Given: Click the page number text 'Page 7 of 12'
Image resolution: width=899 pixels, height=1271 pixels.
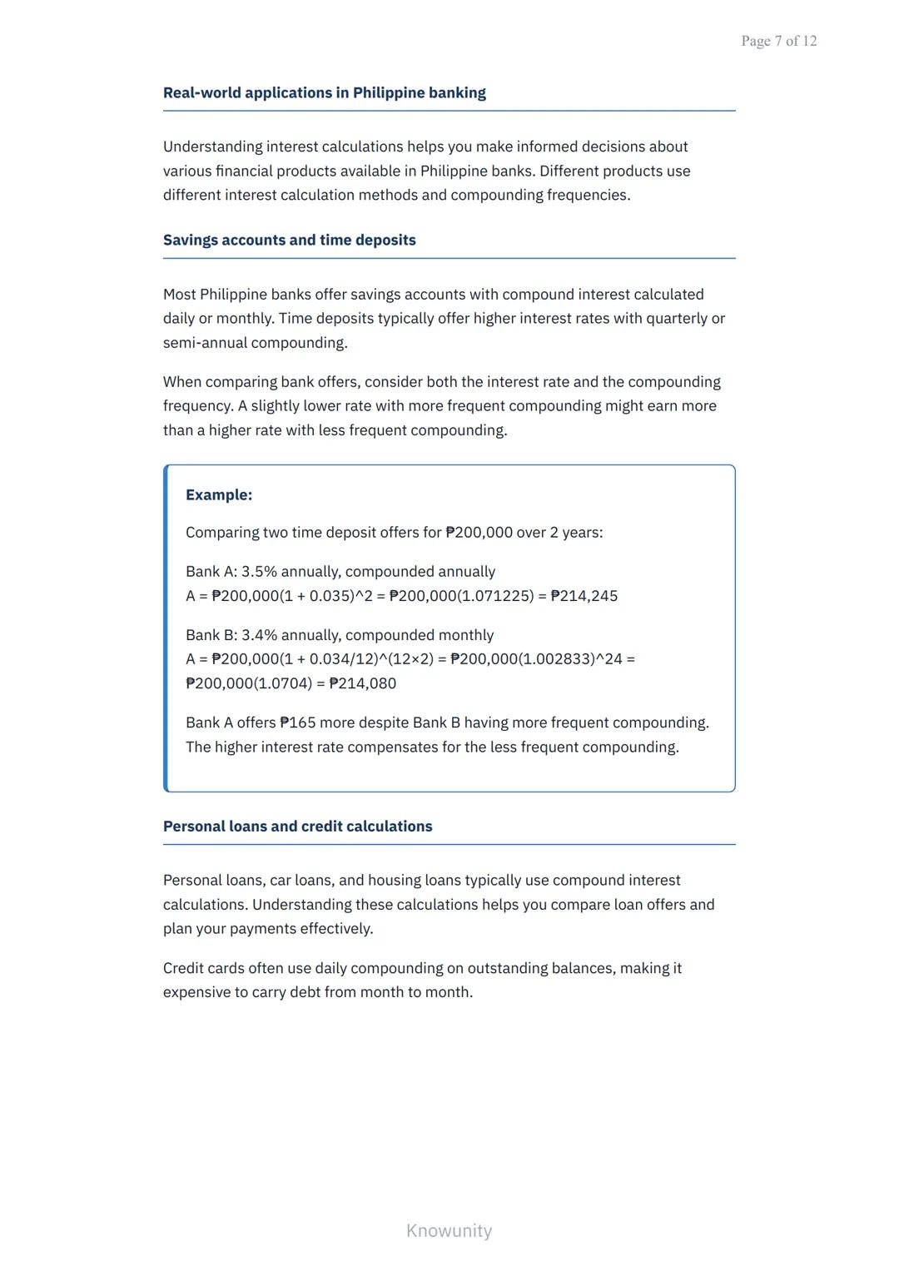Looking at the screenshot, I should pyautogui.click(x=778, y=41).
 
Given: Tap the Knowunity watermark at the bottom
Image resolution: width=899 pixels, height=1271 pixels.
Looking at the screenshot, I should pyautogui.click(x=449, y=1230).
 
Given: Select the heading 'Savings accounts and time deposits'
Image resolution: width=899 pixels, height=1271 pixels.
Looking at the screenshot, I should pyautogui.click(x=289, y=240).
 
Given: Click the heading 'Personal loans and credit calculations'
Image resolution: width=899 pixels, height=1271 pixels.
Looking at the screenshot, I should pyautogui.click(x=297, y=826).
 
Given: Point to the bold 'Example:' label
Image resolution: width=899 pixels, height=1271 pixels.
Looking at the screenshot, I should pyautogui.click(x=219, y=494).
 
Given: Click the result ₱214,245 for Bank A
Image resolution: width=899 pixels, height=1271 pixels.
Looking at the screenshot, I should pyautogui.click(x=584, y=596).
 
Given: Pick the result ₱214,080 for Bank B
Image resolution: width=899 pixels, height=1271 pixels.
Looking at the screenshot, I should pyautogui.click(x=363, y=683).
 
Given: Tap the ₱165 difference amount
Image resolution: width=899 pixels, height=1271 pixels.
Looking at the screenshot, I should pyautogui.click(x=297, y=722).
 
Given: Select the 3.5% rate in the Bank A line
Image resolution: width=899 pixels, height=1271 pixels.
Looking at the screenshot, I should pyautogui.click(x=259, y=572).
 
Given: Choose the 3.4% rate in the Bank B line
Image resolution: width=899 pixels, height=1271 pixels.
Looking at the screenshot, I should pyautogui.click(x=259, y=635).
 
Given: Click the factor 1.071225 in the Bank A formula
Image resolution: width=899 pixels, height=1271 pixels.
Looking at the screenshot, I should pyautogui.click(x=494, y=596).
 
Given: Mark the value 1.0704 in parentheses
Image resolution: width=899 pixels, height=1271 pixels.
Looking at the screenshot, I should pyautogui.click(x=282, y=683).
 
